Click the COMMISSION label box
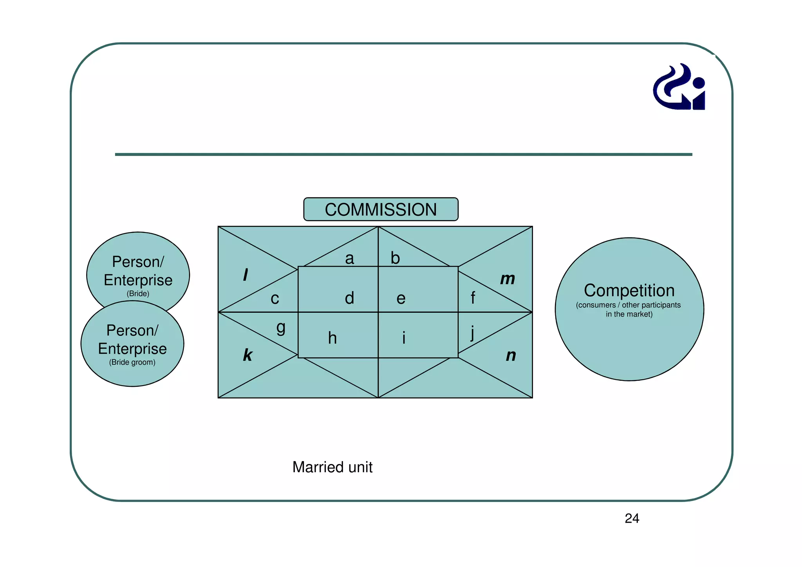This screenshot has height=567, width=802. [x=381, y=209]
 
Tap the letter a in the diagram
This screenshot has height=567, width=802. [x=349, y=259]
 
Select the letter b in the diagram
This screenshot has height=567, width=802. [x=395, y=258]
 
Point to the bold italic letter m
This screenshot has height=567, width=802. [x=508, y=279]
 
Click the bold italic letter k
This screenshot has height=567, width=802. [x=247, y=355]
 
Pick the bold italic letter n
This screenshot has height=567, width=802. [x=511, y=355]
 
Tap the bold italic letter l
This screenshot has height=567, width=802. [x=246, y=275]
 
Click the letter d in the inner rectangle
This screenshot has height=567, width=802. [x=349, y=298]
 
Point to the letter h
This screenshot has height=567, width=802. [x=332, y=338]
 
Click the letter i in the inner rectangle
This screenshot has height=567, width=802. [x=404, y=338]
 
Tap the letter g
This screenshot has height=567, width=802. [x=281, y=328]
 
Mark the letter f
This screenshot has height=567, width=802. [x=473, y=298]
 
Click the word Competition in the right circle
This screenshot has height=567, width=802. [x=629, y=291]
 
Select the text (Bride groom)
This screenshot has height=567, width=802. [x=132, y=362]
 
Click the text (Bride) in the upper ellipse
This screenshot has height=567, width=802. [x=138, y=293]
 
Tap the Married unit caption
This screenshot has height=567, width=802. [x=332, y=467]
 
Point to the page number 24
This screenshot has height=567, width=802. [x=632, y=518]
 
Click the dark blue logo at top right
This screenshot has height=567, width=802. [x=679, y=87]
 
